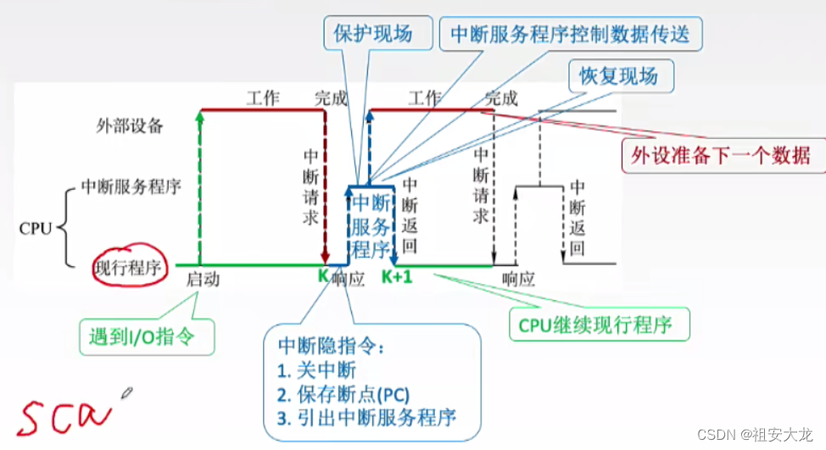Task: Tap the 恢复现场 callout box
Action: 618,76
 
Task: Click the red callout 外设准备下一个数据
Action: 717,154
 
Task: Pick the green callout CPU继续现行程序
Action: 600,325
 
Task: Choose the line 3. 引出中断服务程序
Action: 367,417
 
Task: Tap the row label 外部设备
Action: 129,126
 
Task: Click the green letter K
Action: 323,276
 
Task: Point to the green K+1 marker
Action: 396,276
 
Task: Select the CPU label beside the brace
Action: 36,228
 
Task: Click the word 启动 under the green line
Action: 203,279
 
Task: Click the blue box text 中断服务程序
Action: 371,226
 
